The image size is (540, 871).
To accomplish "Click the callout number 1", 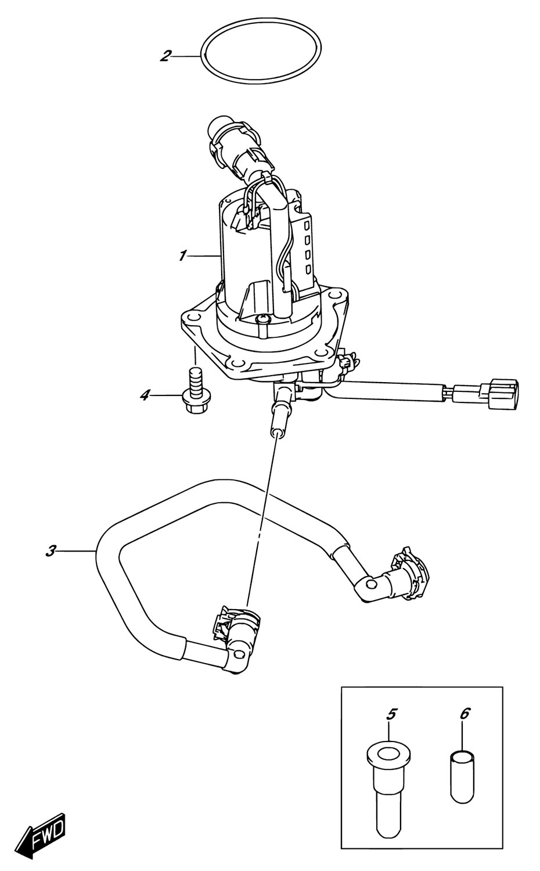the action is [182, 257].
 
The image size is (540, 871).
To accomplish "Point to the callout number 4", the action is [145, 396].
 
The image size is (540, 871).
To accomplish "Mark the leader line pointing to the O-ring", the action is [186, 56].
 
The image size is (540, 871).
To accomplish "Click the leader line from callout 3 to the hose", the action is [76, 552].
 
